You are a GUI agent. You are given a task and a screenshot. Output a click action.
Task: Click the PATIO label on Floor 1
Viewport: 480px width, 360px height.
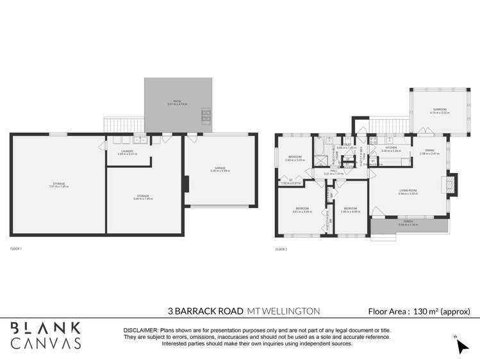[178, 102]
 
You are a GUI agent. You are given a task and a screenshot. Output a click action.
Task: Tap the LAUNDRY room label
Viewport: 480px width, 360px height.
[125, 152]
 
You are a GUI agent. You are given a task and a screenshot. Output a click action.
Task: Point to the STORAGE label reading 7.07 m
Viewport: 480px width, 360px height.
[58, 184]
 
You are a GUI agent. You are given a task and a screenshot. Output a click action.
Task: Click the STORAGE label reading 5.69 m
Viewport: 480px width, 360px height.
[143, 197]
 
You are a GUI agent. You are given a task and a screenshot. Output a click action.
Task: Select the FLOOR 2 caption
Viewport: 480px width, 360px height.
[281, 248]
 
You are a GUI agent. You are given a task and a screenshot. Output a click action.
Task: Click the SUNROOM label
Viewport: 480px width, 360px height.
[439, 110]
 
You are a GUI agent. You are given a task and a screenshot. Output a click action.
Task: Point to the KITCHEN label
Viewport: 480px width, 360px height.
[391, 149]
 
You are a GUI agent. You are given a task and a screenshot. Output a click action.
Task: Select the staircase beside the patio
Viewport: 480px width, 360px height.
[122, 124]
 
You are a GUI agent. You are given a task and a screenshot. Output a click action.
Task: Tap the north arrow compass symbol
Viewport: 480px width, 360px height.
[461, 345]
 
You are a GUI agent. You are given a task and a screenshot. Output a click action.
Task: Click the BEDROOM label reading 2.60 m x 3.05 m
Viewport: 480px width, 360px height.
[295, 158]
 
